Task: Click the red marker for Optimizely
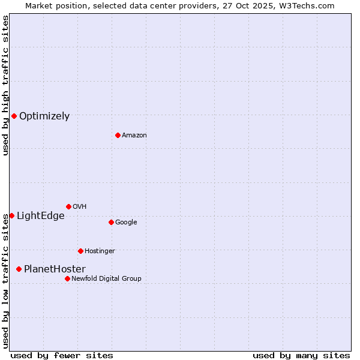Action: (14, 116)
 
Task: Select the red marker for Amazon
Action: (118, 135)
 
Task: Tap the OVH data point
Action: (68, 206)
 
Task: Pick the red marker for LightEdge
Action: (11, 215)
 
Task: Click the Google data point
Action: (111, 222)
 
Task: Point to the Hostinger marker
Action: (80, 251)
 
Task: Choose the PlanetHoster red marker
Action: (19, 269)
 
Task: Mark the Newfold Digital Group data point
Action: (67, 278)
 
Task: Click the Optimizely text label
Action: (44, 116)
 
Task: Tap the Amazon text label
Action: (134, 136)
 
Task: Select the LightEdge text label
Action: (40, 216)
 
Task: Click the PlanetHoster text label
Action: (55, 269)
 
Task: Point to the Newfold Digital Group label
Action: (106, 279)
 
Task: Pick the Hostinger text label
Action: (100, 251)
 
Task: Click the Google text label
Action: (126, 223)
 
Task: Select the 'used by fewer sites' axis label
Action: (62, 355)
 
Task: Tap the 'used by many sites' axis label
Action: (301, 355)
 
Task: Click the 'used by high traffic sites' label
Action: (5, 85)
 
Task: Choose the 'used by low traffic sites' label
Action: (5, 281)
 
